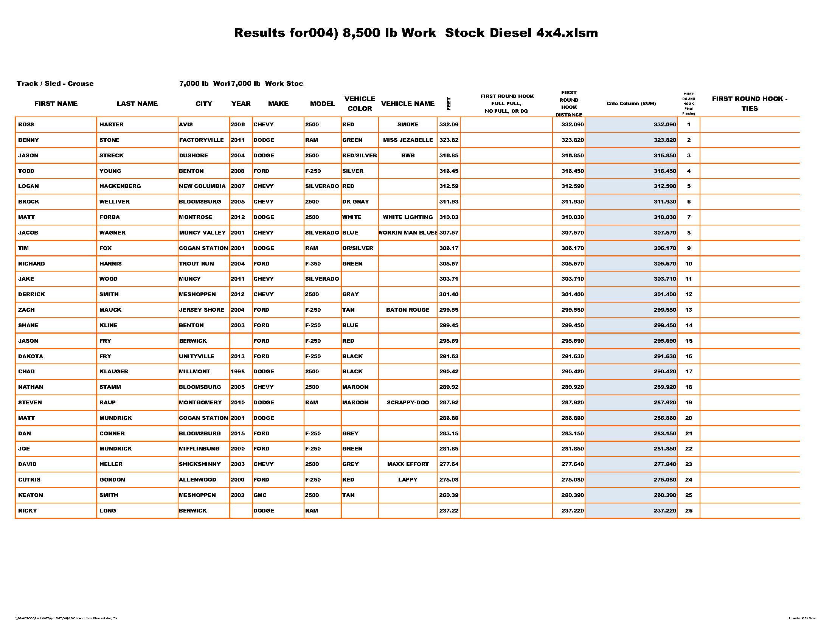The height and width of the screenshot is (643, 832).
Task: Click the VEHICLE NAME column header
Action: (408, 104)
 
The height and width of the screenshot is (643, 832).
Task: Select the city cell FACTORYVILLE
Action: (201, 140)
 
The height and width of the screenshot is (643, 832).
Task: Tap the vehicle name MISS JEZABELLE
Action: (408, 140)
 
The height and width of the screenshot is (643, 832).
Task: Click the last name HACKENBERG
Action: (120, 186)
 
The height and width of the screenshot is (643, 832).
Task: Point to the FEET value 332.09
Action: (449, 124)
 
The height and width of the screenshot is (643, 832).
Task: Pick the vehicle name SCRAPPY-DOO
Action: (408, 403)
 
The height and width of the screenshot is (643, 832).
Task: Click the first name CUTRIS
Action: (29, 480)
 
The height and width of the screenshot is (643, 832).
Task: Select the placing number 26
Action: (688, 511)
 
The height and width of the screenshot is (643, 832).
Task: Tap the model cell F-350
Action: (313, 264)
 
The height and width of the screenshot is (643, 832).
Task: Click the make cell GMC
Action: (260, 495)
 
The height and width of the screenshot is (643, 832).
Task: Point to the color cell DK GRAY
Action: (355, 202)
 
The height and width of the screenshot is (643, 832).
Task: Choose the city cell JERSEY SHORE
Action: (202, 310)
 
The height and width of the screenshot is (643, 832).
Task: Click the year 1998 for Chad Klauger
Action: (238, 371)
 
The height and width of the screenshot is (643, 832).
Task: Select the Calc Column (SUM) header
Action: (631, 104)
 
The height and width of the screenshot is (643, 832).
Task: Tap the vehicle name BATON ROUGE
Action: (408, 310)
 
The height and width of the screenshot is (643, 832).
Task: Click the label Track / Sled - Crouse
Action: (55, 84)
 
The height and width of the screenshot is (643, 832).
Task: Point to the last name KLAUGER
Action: (113, 371)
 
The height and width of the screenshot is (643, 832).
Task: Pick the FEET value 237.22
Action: (449, 511)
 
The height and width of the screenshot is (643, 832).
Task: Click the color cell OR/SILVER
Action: (357, 248)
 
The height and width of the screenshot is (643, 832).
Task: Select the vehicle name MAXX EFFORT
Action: (408, 464)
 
